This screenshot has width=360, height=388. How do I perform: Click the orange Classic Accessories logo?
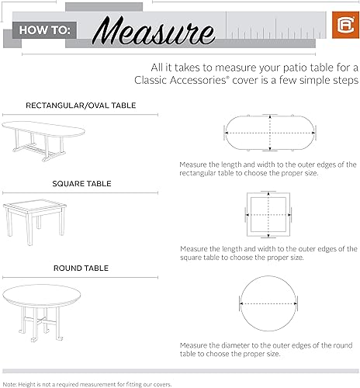[x=341, y=32]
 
